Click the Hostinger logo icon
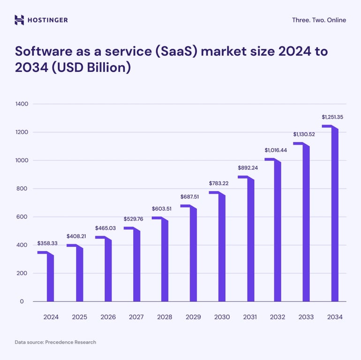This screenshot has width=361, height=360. pos(19,20)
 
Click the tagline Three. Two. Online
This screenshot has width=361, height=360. pos(319,20)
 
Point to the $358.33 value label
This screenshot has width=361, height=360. pos(47,244)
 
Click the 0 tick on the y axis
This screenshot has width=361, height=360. pos(22,301)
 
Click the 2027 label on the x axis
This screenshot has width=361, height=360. pos(136,317)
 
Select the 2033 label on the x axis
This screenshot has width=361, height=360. pos(306,317)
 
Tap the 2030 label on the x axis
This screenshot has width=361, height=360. pos(222,317)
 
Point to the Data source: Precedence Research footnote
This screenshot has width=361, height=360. pos(55,342)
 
